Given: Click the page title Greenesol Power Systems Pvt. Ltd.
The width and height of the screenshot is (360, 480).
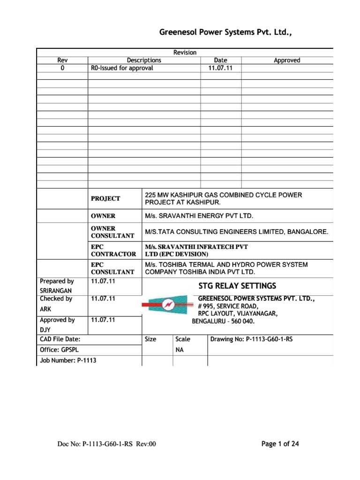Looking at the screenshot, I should [229, 32].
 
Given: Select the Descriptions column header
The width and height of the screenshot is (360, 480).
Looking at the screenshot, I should [144, 60].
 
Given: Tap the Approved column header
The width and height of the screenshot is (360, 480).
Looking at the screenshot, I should [287, 60].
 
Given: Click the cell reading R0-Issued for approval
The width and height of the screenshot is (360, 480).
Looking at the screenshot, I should [122, 68].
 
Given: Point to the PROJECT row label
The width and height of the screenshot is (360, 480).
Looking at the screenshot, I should [105, 199].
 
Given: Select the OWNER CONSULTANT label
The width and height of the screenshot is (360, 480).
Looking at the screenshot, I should [112, 232].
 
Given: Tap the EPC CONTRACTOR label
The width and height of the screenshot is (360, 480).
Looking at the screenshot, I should [113, 250].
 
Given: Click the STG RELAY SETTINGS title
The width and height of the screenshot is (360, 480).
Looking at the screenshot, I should [237, 286].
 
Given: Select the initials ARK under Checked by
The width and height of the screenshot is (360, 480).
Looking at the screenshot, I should [45, 309].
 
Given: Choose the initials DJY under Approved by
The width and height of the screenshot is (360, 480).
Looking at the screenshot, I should [45, 330].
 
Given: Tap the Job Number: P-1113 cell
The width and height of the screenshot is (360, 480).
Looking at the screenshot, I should [63, 360].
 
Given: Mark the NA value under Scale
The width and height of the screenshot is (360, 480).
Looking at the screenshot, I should [179, 350].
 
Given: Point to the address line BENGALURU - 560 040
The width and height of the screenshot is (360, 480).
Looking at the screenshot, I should [225, 322].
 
